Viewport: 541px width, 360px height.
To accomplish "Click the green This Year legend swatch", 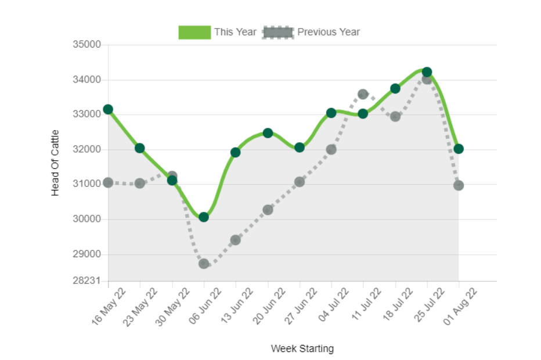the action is pyautogui.click(x=194, y=32).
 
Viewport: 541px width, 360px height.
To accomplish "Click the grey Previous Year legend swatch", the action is pyautogui.click(x=277, y=32).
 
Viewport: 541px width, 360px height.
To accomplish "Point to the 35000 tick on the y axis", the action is pyautogui.click(x=86, y=45).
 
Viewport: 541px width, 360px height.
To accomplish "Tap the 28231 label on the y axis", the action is pyautogui.click(x=86, y=280).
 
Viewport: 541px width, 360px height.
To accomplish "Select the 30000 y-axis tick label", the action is pyautogui.click(x=86, y=219).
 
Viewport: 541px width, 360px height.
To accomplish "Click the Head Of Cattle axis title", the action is pyautogui.click(x=55, y=163).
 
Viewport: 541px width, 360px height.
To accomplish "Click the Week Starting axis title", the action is pyautogui.click(x=302, y=348).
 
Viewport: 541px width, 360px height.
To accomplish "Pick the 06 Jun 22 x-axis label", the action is pyautogui.click(x=205, y=306).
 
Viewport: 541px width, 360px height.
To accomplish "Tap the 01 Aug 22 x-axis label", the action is pyautogui.click(x=460, y=306).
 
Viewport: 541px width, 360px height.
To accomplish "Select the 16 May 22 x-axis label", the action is pyautogui.click(x=109, y=306).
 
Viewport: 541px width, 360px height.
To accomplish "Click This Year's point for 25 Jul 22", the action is pyautogui.click(x=427, y=72).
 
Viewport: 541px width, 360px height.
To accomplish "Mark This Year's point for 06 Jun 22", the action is pyautogui.click(x=204, y=217).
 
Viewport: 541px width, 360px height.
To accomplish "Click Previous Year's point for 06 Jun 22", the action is pyautogui.click(x=204, y=264).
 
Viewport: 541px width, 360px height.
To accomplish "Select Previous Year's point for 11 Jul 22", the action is pyautogui.click(x=363, y=94).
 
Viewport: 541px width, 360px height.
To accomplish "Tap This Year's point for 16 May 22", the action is pyautogui.click(x=108, y=109).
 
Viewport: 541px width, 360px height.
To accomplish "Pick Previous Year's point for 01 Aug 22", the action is pyautogui.click(x=459, y=185).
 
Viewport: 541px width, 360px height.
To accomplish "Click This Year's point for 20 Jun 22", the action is pyautogui.click(x=268, y=133).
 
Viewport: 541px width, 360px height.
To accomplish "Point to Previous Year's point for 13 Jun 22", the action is pyautogui.click(x=236, y=240).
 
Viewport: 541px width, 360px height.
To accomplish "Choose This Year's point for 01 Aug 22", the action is pyautogui.click(x=459, y=149).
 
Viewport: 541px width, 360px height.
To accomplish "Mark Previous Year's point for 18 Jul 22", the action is pyautogui.click(x=395, y=117).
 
